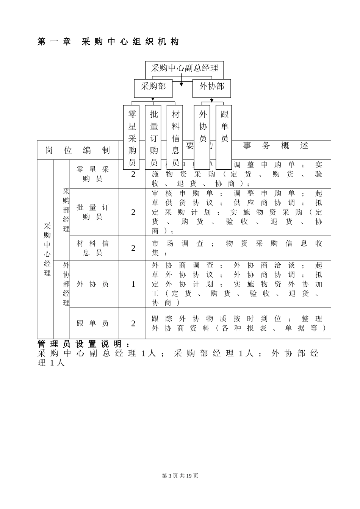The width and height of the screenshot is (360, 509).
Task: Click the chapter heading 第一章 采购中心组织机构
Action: pos(108,42)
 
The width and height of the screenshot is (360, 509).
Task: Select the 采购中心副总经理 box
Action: pos(185,68)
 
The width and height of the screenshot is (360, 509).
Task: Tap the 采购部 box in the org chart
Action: pos(153,87)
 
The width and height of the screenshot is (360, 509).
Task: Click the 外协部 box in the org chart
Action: pos(212,87)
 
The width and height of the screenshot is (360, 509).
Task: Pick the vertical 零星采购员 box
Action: pos(132,138)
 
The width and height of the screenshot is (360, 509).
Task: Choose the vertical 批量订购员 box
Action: pos(153,138)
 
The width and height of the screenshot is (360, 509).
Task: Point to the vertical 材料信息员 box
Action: pos(175,138)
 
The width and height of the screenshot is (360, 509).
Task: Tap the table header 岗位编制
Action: pos(78,151)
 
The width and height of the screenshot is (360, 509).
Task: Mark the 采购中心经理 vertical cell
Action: pos(47,249)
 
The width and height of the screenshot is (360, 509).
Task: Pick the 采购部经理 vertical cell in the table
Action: pos(66,210)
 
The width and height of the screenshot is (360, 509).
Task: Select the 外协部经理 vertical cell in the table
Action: pos(66,284)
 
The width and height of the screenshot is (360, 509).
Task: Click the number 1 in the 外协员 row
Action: pos(133,284)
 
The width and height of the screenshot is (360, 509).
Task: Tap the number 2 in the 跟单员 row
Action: pos(133,323)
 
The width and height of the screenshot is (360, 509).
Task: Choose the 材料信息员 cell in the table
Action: pos(93,248)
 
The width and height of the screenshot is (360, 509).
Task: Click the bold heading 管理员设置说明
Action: pos(84,344)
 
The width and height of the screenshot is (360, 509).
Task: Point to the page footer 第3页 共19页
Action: pos(180,476)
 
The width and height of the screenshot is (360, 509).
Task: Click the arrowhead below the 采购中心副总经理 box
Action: pos(182,84)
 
